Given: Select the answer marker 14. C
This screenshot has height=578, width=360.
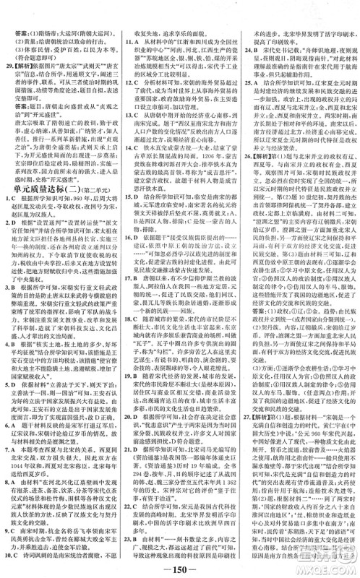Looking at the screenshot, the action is (x=130, y=168).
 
